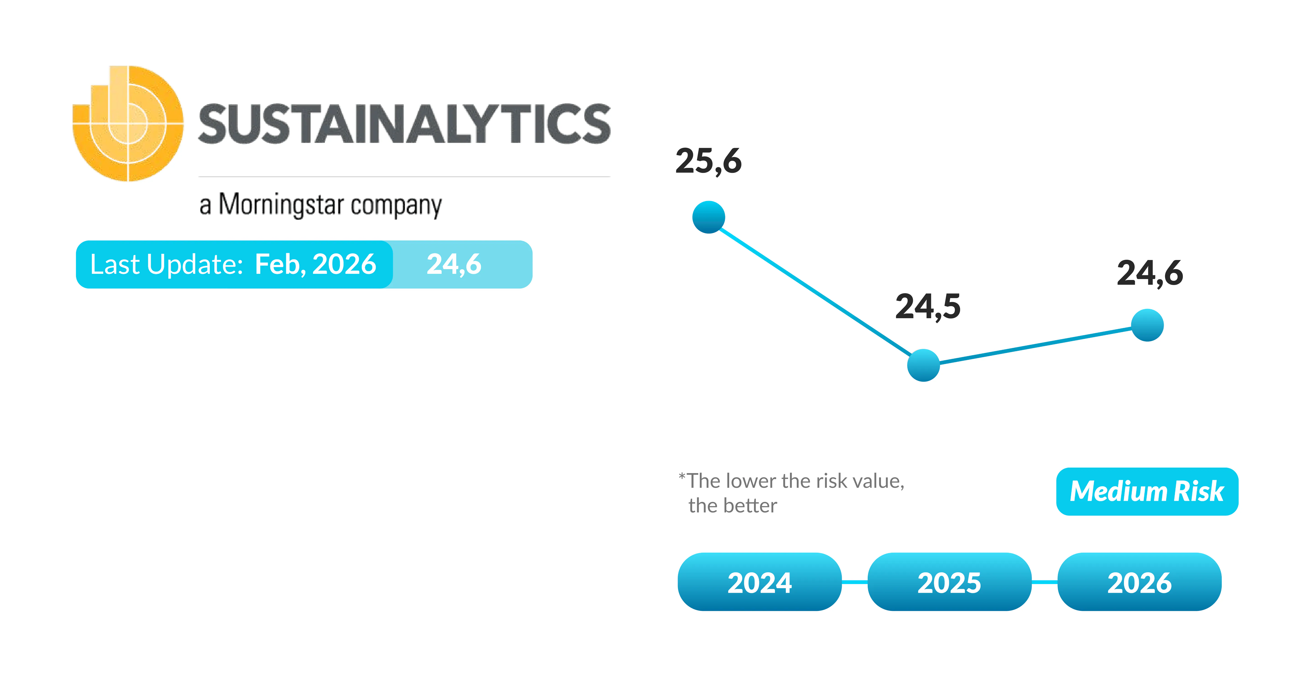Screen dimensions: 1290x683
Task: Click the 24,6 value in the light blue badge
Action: click(454, 264)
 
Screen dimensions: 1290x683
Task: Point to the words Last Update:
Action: click(166, 264)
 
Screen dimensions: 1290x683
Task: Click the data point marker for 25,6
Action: click(709, 217)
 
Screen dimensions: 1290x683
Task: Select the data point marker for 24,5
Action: click(923, 365)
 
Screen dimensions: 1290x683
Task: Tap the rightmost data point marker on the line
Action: click(1147, 325)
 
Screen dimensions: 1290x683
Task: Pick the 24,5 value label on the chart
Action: click(928, 306)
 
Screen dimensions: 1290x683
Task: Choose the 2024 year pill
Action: click(760, 582)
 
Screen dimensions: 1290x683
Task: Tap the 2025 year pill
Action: click(949, 582)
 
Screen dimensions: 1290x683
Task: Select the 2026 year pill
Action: click(1139, 582)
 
